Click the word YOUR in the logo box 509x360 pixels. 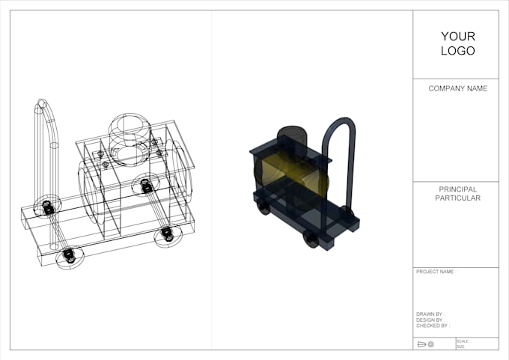458,36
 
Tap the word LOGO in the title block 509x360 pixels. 458,51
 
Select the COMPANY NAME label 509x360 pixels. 457,88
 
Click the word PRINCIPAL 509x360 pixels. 457,189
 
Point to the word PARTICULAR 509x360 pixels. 457,198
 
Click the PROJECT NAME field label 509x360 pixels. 436,272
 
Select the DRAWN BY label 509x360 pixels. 429,314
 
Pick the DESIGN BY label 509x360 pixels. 430,320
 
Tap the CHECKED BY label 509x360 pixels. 431,326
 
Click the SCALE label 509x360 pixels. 462,341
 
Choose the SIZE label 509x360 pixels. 461,347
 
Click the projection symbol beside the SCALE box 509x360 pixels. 425,344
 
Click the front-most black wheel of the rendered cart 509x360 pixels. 311,240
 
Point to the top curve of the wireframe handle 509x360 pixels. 43,105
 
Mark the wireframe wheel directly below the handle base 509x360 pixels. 68,257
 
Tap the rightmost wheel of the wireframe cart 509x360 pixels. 165,234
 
